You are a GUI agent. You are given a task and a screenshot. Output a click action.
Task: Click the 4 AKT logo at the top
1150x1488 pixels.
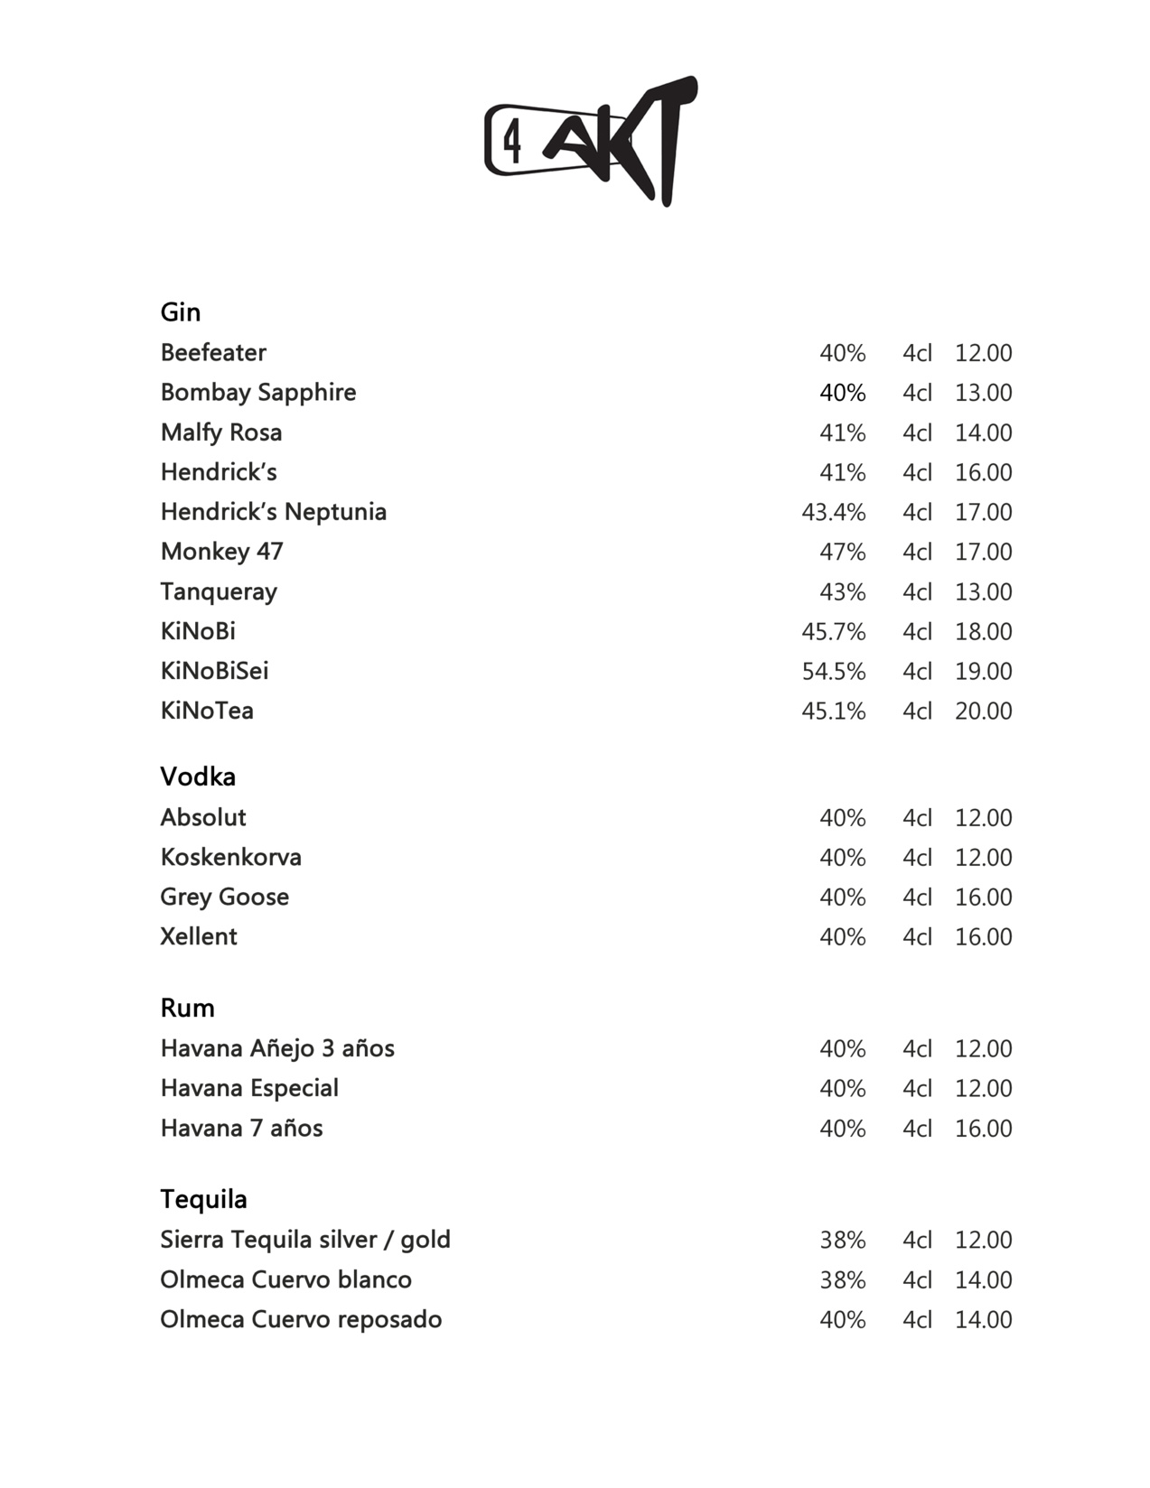coord(591,143)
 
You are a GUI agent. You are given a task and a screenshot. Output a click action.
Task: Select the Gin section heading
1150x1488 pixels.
coord(181,312)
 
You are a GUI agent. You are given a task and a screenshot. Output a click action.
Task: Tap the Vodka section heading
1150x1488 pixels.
coord(198,777)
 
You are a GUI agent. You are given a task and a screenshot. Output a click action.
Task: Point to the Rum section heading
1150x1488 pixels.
coord(187,1008)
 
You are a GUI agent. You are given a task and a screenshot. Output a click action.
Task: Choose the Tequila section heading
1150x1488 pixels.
coord(203,1199)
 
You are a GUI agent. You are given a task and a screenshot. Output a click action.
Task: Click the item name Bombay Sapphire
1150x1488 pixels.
coord(258,393)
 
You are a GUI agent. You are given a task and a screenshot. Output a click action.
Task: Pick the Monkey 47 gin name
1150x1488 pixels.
coord(222,552)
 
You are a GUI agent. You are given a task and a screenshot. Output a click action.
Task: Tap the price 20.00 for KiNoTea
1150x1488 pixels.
coord(983,711)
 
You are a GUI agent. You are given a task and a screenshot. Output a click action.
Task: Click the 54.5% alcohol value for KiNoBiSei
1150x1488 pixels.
coord(833,672)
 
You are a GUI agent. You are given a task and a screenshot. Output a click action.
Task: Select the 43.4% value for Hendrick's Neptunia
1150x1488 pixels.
coord(833,513)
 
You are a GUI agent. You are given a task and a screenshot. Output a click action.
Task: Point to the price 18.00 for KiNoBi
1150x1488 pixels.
coord(983,632)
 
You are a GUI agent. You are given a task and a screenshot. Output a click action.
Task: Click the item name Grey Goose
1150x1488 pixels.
coord(225,897)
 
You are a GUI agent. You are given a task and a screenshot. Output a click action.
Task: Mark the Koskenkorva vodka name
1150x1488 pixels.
coord(231,857)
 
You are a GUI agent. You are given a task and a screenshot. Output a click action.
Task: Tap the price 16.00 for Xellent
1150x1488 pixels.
coord(983,937)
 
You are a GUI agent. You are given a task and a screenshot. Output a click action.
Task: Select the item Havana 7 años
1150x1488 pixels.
coord(241,1129)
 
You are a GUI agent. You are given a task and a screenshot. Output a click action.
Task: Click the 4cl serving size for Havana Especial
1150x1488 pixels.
coord(917,1089)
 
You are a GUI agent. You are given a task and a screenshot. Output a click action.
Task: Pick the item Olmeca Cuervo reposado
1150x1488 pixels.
coord(301,1320)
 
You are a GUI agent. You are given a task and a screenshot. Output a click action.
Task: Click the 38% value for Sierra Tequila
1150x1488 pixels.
coord(842,1241)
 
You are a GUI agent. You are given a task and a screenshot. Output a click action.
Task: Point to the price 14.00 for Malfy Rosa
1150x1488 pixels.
coord(983,433)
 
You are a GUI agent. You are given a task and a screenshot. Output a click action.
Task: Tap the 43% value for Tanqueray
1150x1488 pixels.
coord(842,592)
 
